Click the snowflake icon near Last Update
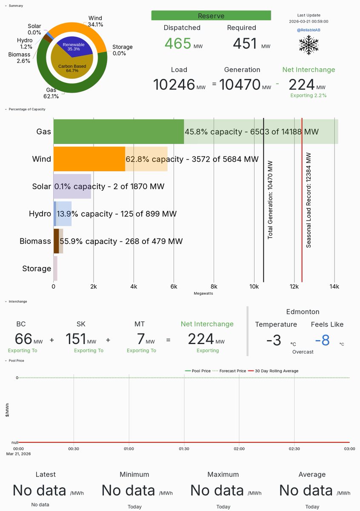click(309, 44)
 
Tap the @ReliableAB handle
click(309, 30)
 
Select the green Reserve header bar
click(211, 16)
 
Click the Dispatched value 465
click(177, 43)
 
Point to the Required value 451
click(245, 43)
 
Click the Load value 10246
click(174, 85)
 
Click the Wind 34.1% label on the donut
click(95, 21)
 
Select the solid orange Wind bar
click(89, 159)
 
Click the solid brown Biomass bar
click(56, 241)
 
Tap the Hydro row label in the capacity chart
click(40, 214)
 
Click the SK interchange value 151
click(76, 339)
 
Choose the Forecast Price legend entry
click(232, 371)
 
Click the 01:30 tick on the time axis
click(184, 448)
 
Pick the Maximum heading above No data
click(223, 474)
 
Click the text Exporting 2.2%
click(309, 95)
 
